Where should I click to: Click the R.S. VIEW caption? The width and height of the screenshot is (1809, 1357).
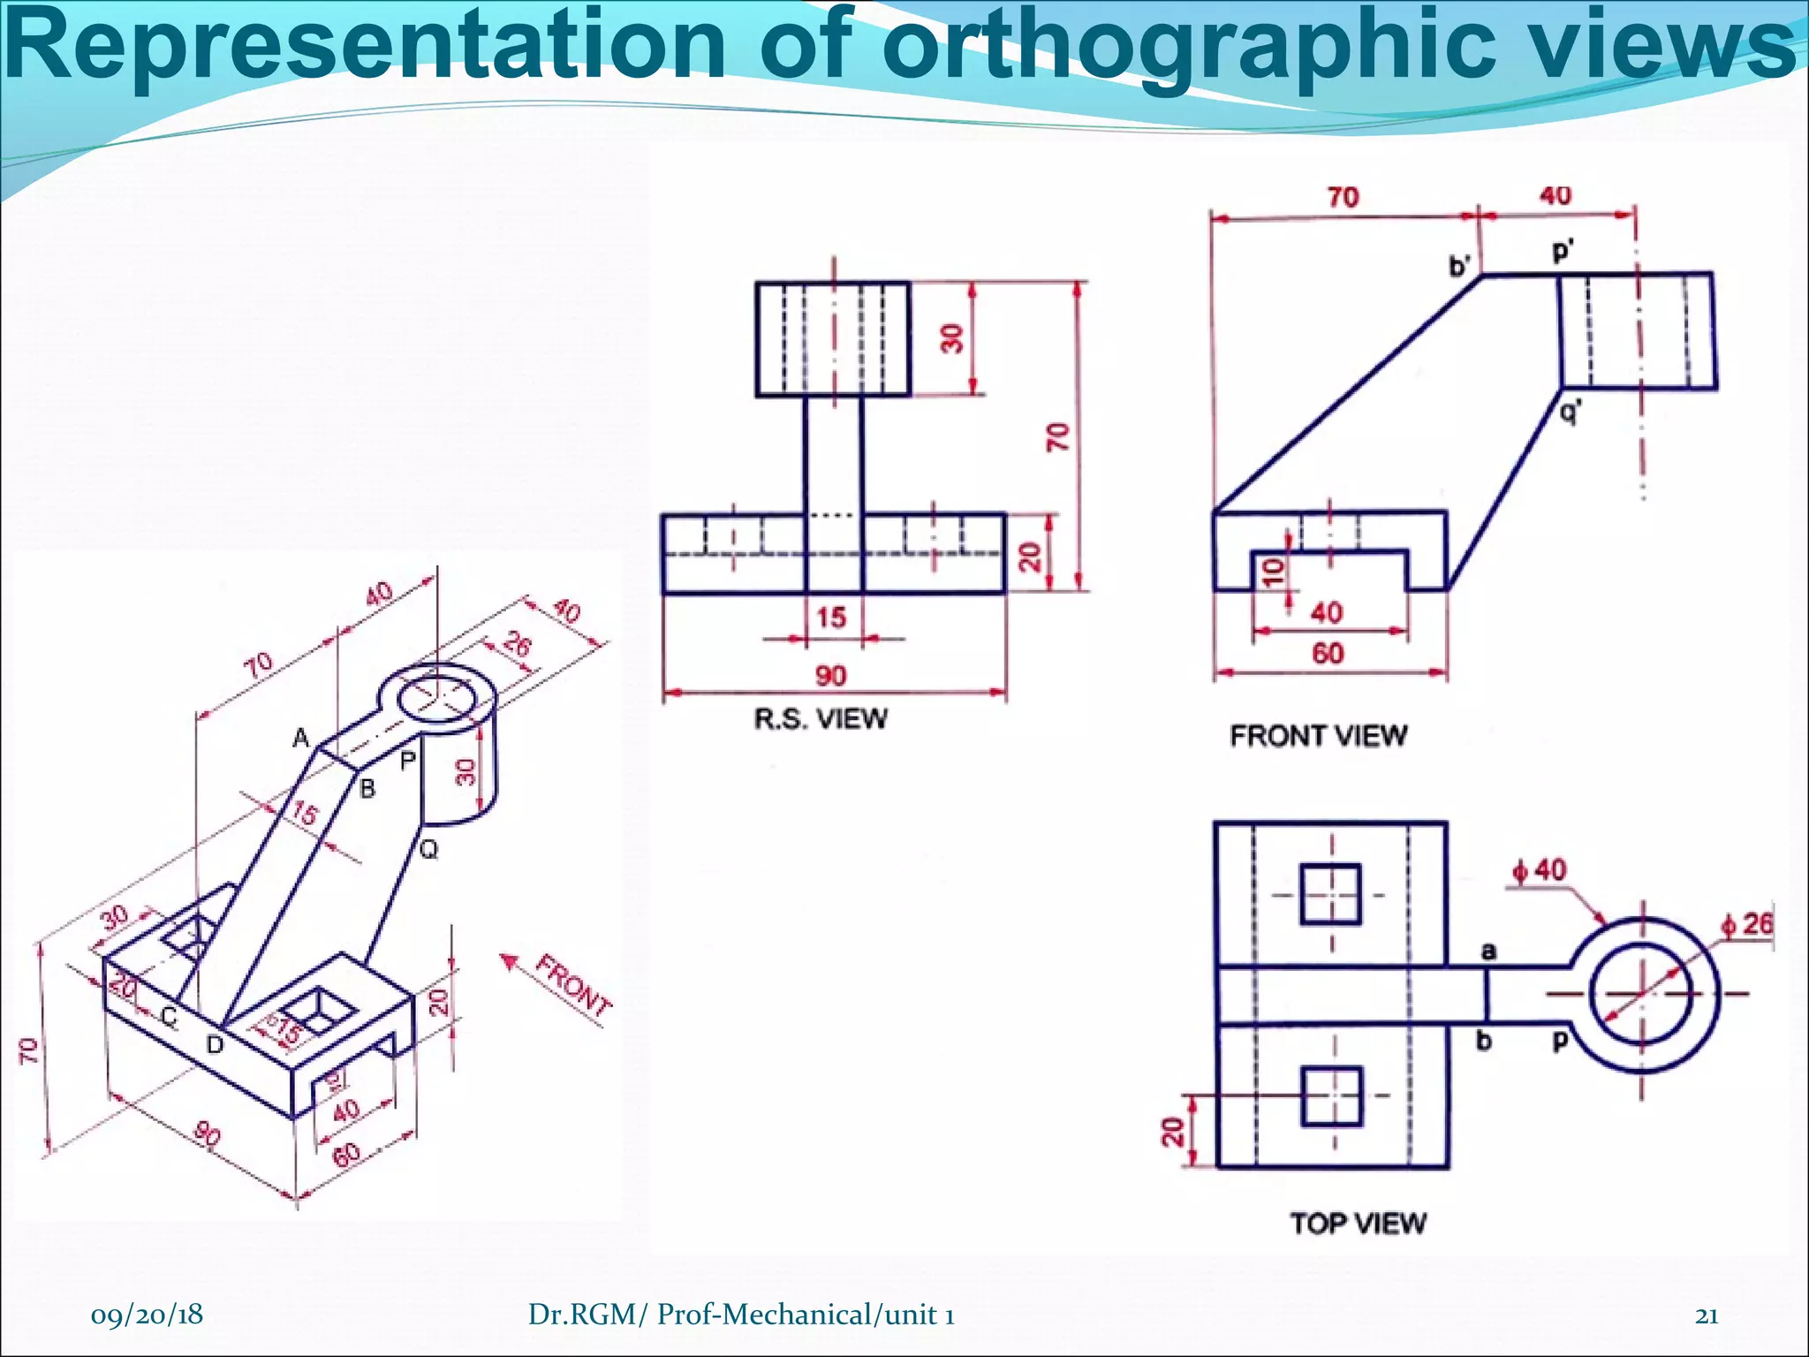pyautogui.click(x=821, y=718)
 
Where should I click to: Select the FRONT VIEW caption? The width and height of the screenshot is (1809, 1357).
pyautogui.click(x=1318, y=735)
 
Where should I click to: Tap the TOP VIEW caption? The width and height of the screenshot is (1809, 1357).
pyautogui.click(x=1358, y=1223)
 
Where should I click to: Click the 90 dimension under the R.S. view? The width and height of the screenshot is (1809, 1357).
pyautogui.click(x=830, y=676)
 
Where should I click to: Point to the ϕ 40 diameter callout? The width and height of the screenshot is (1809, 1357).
pyautogui.click(x=1539, y=870)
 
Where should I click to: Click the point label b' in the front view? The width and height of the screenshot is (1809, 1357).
pyautogui.click(x=1459, y=265)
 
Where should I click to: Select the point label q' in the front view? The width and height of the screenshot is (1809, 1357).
pyautogui.click(x=1570, y=411)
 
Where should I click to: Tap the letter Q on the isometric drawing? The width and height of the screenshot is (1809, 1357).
pyautogui.click(x=428, y=850)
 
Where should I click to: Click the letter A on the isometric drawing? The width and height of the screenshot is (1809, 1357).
pyautogui.click(x=301, y=738)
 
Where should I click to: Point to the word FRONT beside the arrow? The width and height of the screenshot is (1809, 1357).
pyautogui.click(x=574, y=988)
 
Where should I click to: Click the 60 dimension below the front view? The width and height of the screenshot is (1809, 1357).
pyautogui.click(x=1328, y=653)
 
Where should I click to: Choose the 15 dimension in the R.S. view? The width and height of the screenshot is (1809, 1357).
pyautogui.click(x=831, y=617)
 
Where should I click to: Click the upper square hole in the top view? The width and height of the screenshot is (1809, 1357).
pyautogui.click(x=1331, y=894)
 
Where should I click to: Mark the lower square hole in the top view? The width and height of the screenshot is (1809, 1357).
pyautogui.click(x=1331, y=1095)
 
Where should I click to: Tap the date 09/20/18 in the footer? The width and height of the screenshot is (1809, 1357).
pyautogui.click(x=147, y=1315)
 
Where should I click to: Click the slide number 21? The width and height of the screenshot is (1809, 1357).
pyautogui.click(x=1707, y=1315)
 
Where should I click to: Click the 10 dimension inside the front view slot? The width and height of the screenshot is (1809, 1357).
pyautogui.click(x=1274, y=572)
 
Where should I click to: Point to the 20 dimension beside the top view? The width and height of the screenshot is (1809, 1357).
pyautogui.click(x=1171, y=1132)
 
